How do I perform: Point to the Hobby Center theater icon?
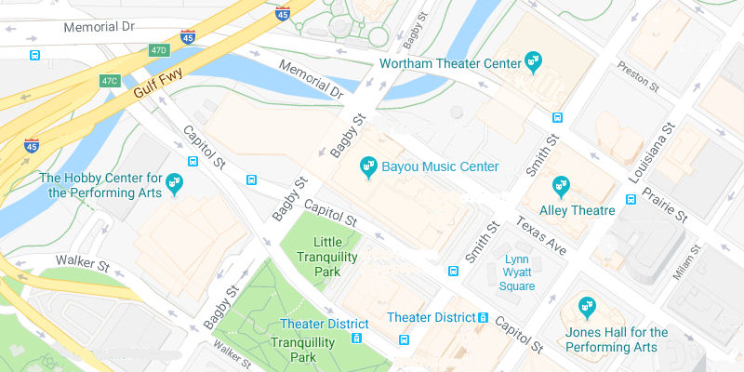pos(174,185)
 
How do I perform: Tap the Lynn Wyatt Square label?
pos(518,272)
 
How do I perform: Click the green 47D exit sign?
pos(159,50)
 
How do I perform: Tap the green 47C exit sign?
pos(111,81)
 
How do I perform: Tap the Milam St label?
pos(689,261)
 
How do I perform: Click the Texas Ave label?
pos(541,238)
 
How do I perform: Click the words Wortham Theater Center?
pos(450,63)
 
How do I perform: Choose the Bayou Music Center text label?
pos(441,167)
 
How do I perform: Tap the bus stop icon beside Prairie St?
pos(631,198)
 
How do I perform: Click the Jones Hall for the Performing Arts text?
pos(617,339)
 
